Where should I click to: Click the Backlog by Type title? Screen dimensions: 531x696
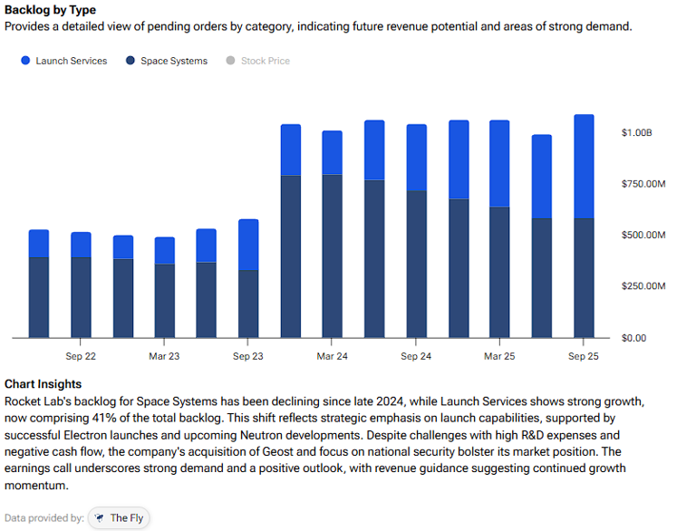pyautogui.click(x=50, y=10)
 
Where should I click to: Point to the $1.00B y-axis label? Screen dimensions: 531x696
pyautogui.click(x=636, y=133)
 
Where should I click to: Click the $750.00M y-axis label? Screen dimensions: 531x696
pyautogui.click(x=643, y=185)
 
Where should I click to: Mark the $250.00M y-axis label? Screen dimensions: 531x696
pyautogui.click(x=643, y=286)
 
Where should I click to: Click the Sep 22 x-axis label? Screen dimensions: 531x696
pyautogui.click(x=81, y=356)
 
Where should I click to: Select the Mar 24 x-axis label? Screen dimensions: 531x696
pyautogui.click(x=332, y=356)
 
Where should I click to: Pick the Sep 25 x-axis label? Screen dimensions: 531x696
pyautogui.click(x=584, y=356)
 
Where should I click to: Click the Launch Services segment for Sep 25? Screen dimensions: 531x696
pyautogui.click(x=584, y=167)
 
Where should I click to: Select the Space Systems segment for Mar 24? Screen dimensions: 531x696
pyautogui.click(x=332, y=256)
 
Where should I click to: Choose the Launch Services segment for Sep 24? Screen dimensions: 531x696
pyautogui.click(x=416, y=158)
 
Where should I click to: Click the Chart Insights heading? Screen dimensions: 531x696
pyautogui.click(x=43, y=384)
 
